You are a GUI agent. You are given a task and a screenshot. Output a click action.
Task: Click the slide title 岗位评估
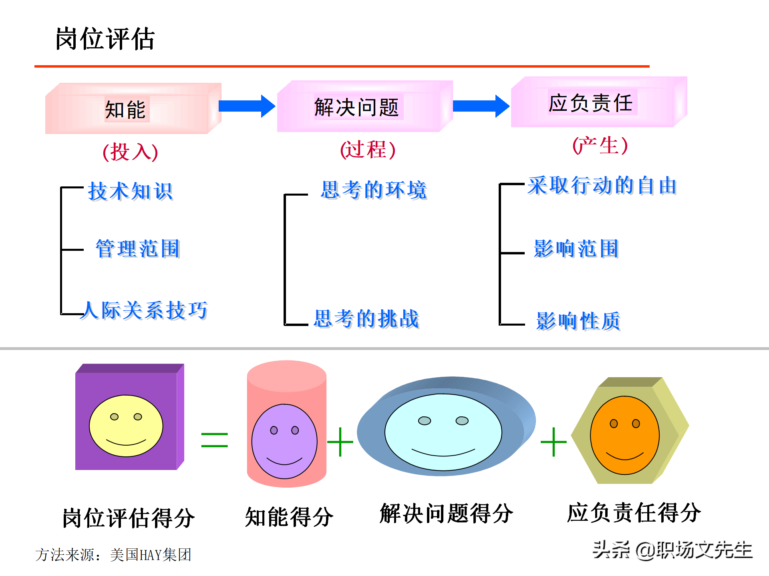tap(105, 39)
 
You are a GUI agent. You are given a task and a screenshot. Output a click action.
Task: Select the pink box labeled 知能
tap(133, 108)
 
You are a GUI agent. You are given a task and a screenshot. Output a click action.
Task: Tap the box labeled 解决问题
tap(365, 106)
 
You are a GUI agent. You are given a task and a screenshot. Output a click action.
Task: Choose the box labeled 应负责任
tap(599, 102)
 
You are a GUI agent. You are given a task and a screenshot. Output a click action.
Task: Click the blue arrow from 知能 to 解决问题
tap(247, 106)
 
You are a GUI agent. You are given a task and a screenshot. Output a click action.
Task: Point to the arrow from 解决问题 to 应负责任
tap(481, 106)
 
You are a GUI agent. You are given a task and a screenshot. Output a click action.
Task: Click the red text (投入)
tap(130, 152)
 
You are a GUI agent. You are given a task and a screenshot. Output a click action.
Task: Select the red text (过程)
tap(368, 150)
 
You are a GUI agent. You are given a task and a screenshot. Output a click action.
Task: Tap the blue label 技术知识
tap(131, 191)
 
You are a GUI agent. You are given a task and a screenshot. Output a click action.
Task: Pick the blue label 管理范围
tap(138, 249)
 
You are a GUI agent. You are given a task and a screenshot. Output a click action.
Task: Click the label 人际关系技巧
tap(144, 310)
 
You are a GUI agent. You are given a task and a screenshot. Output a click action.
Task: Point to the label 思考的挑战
tap(366, 319)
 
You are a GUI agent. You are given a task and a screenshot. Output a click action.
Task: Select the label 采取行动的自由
tap(602, 186)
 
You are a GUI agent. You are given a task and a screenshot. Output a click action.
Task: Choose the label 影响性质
tap(578, 321)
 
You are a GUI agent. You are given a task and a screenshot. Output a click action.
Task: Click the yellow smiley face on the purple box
tap(126, 426)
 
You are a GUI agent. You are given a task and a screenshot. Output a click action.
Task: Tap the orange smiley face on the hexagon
tap(625, 435)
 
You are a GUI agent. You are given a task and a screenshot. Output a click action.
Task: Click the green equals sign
tap(215, 440)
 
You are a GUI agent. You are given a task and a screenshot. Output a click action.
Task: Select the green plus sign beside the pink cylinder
tap(340, 442)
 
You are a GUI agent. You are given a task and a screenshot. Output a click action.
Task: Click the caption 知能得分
tap(289, 517)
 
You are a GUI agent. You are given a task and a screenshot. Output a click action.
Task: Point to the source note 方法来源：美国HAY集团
tap(113, 555)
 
